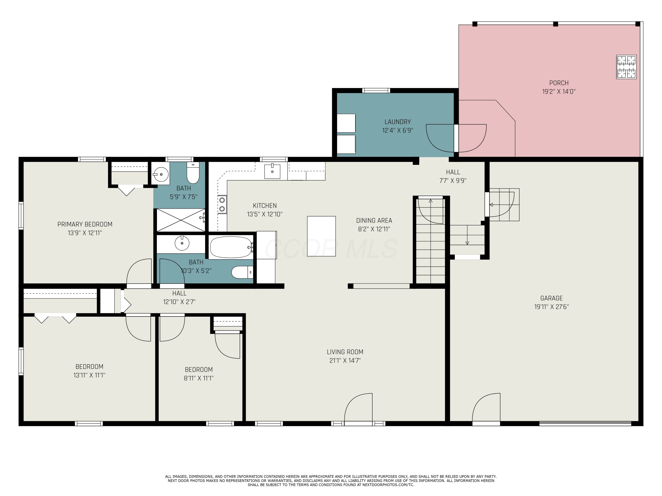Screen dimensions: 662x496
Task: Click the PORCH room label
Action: point(559,83)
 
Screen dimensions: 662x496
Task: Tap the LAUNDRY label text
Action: point(397,122)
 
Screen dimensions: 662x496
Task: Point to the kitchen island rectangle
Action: point(322,236)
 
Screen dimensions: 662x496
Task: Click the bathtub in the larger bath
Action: point(231,247)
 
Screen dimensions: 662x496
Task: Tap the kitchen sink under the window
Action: point(272,171)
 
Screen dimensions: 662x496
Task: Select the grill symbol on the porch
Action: point(626,67)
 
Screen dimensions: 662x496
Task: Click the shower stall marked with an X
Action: point(181,220)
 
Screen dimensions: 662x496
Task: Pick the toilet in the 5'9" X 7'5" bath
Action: point(193,173)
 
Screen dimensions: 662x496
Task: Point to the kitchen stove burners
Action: point(222,204)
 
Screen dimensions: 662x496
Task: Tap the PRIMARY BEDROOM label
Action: point(85,224)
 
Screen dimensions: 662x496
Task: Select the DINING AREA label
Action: point(374,221)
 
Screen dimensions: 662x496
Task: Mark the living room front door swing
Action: point(359,408)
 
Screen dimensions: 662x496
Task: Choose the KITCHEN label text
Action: point(265,206)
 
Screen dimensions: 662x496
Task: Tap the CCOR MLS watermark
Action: point(331,249)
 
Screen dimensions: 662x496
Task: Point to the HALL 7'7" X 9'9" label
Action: point(453,176)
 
